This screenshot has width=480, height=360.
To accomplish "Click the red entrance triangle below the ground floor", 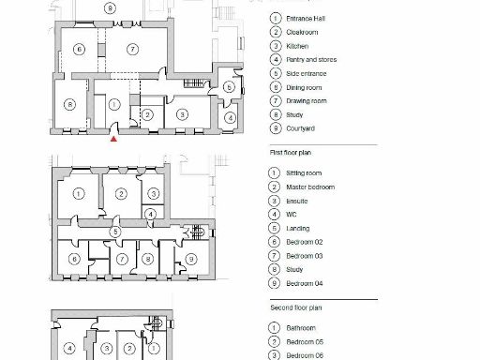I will tap(113, 139).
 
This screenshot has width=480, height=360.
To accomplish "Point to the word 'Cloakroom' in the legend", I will tap(302, 32).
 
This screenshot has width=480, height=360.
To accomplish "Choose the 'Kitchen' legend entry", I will tap(297, 46).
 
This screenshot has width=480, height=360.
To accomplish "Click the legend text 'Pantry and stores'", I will tap(311, 59).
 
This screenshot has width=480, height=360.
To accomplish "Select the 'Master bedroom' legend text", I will tap(309, 187).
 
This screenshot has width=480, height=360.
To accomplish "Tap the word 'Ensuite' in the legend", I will tap(298, 201).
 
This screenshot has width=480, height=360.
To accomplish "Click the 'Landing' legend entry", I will tap(298, 228).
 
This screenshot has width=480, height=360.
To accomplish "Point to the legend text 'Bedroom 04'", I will tap(305, 283).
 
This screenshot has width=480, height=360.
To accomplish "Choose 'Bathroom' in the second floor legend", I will tap(301, 328).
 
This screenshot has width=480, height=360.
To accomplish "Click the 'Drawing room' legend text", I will tap(306, 100).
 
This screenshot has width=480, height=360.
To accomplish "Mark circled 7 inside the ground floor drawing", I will tap(133, 49).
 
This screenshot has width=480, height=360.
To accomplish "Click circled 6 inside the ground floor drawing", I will tap(80, 49).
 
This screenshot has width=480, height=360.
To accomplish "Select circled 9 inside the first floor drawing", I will tap(191, 258).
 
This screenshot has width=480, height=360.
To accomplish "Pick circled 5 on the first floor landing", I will tap(114, 231).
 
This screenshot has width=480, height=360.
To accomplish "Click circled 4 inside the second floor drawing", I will tap(69, 348).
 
